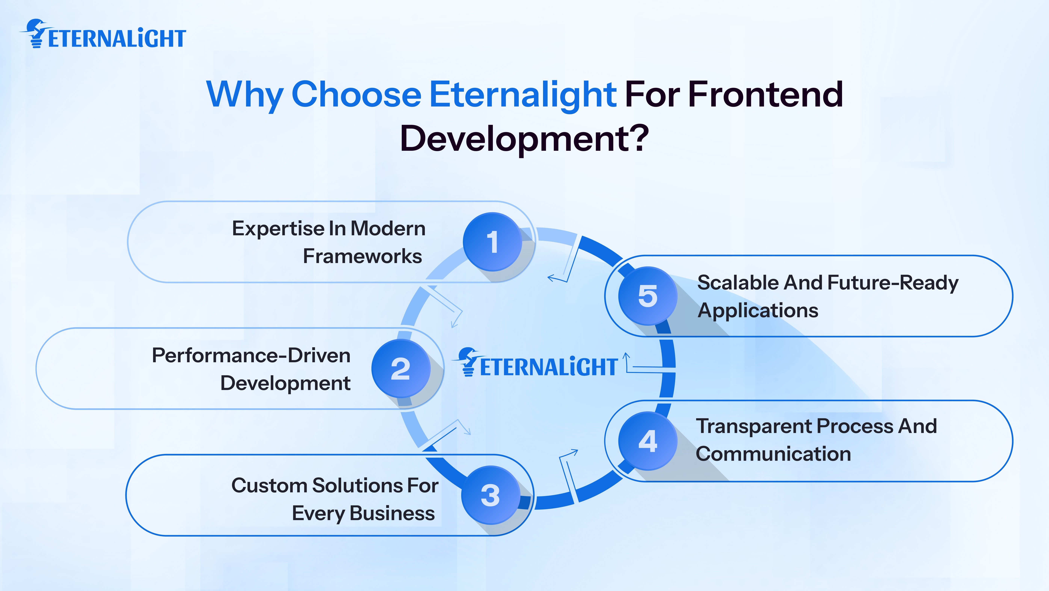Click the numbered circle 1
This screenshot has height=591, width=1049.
tap(492, 242)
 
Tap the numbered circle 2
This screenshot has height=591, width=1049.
tap(401, 368)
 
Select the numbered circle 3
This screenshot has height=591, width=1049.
tap(490, 495)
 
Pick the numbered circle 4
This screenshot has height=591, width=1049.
tap(648, 441)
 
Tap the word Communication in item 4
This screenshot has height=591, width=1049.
tap(773, 454)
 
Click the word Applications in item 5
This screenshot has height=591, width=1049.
tap(757, 310)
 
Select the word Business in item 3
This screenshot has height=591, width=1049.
tap(392, 513)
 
